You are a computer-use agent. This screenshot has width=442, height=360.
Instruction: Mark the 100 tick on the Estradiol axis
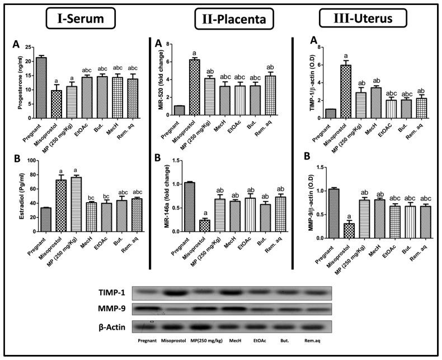point(30,160)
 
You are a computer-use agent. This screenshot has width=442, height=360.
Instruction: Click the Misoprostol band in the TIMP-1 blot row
point(175,292)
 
